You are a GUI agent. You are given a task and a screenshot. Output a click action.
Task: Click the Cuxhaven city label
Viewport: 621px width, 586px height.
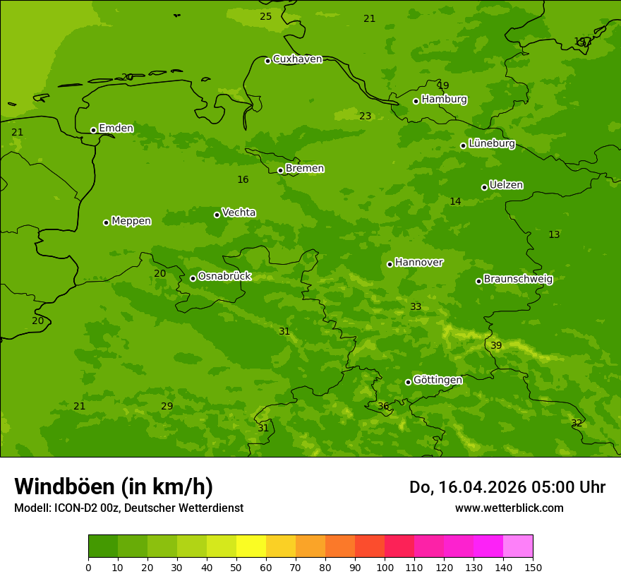click(297, 59)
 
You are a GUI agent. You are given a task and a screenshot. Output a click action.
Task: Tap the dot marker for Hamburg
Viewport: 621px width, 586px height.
click(416, 101)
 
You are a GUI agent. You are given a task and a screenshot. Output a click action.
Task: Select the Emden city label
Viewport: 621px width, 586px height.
click(116, 128)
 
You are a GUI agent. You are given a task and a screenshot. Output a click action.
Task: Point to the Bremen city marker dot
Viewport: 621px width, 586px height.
click(280, 170)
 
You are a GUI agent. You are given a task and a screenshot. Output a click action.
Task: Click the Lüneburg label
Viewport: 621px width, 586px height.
click(492, 143)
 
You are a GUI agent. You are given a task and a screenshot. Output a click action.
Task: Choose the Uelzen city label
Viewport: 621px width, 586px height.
click(506, 185)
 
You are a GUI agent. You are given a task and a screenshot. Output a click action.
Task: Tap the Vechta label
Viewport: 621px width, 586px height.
click(239, 213)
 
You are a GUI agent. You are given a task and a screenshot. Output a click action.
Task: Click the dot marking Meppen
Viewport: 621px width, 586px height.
click(106, 222)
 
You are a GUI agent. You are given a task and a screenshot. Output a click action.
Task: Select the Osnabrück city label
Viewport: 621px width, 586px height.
click(224, 276)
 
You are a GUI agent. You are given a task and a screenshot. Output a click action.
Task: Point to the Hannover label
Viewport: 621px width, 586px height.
click(418, 263)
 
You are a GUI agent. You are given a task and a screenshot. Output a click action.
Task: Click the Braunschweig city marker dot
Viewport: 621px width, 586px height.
click(478, 281)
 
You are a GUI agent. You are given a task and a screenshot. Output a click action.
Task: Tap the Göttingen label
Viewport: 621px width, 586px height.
click(438, 380)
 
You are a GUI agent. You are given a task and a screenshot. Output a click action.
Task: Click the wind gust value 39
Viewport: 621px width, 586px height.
click(496, 345)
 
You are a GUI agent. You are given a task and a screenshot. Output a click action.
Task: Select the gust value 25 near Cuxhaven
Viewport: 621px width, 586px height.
click(265, 16)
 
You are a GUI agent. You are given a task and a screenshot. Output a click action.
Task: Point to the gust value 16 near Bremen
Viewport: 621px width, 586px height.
click(243, 180)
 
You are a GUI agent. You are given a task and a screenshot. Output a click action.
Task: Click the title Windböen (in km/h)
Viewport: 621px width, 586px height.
click(114, 486)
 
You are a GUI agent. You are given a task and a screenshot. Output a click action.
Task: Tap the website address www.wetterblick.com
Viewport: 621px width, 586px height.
click(509, 508)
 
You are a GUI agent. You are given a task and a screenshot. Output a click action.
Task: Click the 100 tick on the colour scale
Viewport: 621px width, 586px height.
click(385, 567)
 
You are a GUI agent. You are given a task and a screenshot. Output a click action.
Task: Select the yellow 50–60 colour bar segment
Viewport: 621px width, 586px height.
click(251, 546)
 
